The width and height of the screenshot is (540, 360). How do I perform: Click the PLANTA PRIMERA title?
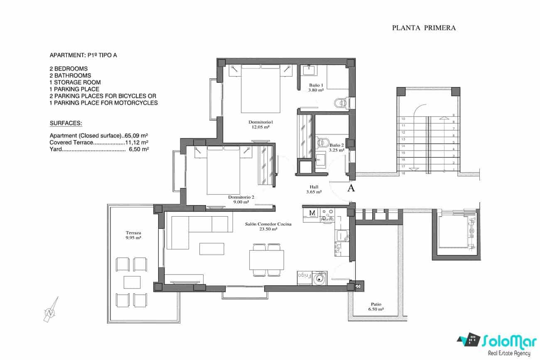(x=424, y=28)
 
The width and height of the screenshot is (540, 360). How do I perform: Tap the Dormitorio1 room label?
(x=260, y=124)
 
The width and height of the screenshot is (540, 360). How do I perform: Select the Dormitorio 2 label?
(x=241, y=200)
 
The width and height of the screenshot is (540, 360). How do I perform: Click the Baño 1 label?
(x=316, y=88)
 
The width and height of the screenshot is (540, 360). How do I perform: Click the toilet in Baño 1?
(x=340, y=102)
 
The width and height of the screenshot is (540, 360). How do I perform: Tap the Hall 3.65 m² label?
(x=314, y=190)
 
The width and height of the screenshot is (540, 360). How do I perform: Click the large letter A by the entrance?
(x=351, y=188)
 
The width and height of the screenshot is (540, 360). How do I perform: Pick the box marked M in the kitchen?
(x=312, y=213)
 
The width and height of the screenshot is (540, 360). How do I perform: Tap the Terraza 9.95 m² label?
(x=133, y=236)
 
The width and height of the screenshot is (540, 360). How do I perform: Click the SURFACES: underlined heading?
(x=66, y=123)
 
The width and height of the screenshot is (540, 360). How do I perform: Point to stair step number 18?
(x=403, y=173)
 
